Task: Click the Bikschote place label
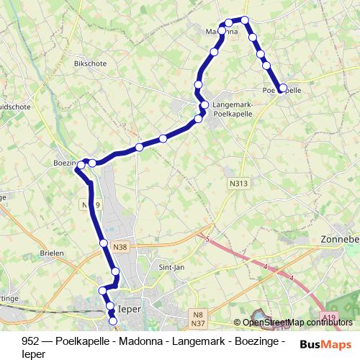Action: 90,63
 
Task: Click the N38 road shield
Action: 120,246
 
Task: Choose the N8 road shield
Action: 199,314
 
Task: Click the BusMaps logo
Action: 325,344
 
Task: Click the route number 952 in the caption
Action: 30,341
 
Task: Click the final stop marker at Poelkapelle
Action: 282,89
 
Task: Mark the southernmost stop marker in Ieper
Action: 112,321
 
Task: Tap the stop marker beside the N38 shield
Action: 104,243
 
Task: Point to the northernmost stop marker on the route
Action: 245,20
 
